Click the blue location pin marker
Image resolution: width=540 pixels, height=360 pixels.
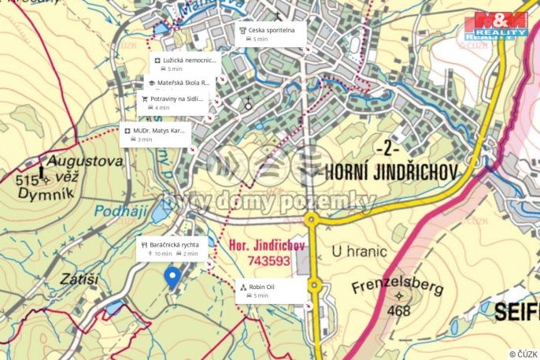172,276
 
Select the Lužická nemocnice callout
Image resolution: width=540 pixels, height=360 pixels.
184,64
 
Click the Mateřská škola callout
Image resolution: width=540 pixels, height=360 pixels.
178,82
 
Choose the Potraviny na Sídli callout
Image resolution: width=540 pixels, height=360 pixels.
171,102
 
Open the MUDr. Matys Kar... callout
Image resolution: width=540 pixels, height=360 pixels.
154,134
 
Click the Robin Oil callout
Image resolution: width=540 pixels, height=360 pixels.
270,291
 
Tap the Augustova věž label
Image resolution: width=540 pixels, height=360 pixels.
85,162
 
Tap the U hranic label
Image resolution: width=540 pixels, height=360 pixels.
359,252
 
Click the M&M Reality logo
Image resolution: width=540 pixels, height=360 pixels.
496,25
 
